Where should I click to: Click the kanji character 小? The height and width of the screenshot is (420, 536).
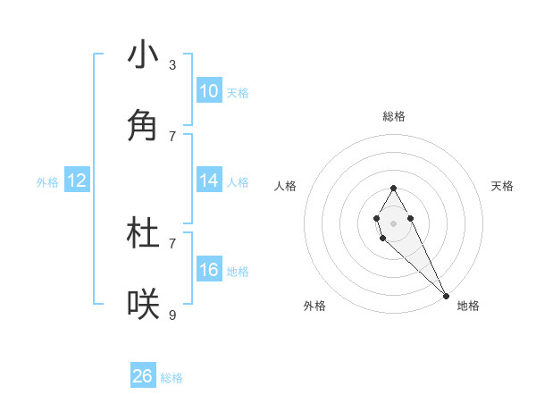pyautogui.click(x=143, y=55)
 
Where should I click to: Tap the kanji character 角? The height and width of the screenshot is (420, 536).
pyautogui.click(x=143, y=126)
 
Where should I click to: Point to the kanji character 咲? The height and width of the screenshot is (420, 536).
pyautogui.click(x=143, y=305)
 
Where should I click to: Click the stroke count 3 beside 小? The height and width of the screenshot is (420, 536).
pyautogui.click(x=172, y=65)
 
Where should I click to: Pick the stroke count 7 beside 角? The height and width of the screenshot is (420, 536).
pyautogui.click(x=172, y=136)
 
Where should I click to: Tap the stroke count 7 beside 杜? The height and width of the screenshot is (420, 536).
pyautogui.click(x=172, y=242)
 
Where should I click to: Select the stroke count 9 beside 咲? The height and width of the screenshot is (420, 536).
pyautogui.click(x=172, y=315)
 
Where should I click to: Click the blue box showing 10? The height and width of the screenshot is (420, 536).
pyautogui.click(x=208, y=90)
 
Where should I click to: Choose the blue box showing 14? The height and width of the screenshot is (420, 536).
pyautogui.click(x=208, y=181)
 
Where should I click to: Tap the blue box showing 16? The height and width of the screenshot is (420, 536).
pyautogui.click(x=208, y=270)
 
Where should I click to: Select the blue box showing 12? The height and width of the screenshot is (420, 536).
pyautogui.click(x=76, y=181)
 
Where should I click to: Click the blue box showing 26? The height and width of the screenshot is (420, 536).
pyautogui.click(x=143, y=376)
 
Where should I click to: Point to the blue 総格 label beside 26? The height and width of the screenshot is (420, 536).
pyautogui.click(x=172, y=378)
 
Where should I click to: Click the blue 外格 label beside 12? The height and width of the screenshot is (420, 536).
pyautogui.click(x=47, y=182)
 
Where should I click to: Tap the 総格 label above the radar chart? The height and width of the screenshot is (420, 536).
pyautogui.click(x=394, y=116)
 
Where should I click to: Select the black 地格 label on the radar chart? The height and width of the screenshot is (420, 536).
pyautogui.click(x=468, y=306)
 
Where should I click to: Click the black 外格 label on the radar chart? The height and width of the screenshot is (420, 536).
pyautogui.click(x=314, y=306)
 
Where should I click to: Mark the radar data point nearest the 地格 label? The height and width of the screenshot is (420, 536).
pyautogui.click(x=446, y=295)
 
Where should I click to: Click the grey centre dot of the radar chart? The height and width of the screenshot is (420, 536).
pyautogui.click(x=393, y=222)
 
